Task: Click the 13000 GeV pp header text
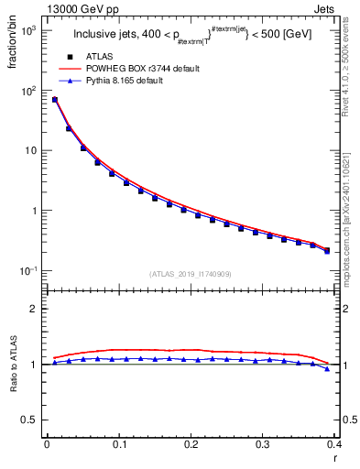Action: tap(38, 8)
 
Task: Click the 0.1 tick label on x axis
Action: tap(119, 444)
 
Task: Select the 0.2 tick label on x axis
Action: tap(191, 444)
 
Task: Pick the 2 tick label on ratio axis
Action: tap(34, 309)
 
